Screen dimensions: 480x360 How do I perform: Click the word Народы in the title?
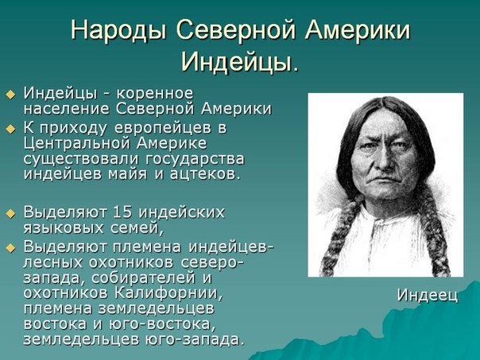click(118, 30)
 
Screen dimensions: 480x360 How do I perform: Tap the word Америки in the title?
click(358, 29)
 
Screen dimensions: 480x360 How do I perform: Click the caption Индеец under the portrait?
click(428, 296)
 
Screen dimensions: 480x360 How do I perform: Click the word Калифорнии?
click(168, 293)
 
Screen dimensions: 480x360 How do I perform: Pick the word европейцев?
click(163, 129)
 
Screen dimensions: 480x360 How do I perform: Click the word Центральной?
click(77, 144)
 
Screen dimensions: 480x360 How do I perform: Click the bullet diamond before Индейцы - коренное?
click(10, 95)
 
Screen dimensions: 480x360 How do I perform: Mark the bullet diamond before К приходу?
click(10, 130)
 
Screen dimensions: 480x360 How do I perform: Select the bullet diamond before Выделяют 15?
click(10, 213)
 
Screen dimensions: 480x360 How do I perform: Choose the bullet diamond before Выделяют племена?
click(10, 248)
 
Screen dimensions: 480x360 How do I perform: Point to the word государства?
click(195, 160)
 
